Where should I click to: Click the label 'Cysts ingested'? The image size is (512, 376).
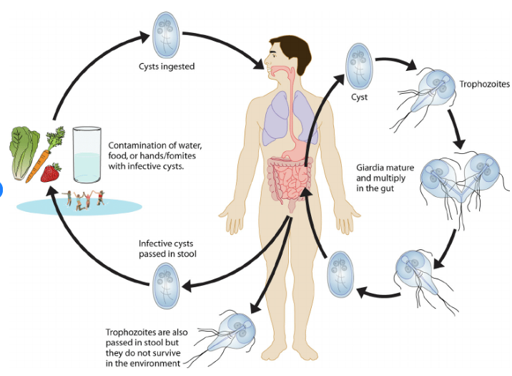167,67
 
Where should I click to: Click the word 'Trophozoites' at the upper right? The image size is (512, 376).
483,84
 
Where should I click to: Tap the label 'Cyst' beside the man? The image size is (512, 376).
360,97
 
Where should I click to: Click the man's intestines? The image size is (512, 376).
286,180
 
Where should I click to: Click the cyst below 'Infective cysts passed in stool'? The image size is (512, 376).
166,286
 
